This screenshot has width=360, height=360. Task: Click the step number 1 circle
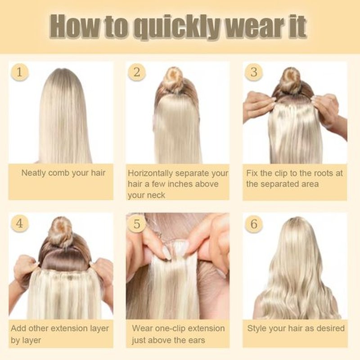click(x=19, y=72)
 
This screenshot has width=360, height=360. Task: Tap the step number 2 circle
click(x=137, y=72)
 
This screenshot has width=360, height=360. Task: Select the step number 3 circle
click(x=254, y=72)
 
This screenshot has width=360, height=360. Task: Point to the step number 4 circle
click(x=19, y=223)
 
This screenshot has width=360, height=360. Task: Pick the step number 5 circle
click(x=137, y=224)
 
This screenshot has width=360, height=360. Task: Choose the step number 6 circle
click(x=254, y=224)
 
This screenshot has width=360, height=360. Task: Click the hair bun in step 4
click(x=60, y=231)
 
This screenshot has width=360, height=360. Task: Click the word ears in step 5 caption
click(x=197, y=340)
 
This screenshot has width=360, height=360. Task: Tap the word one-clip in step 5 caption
click(x=171, y=328)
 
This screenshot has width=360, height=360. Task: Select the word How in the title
click(x=75, y=26)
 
